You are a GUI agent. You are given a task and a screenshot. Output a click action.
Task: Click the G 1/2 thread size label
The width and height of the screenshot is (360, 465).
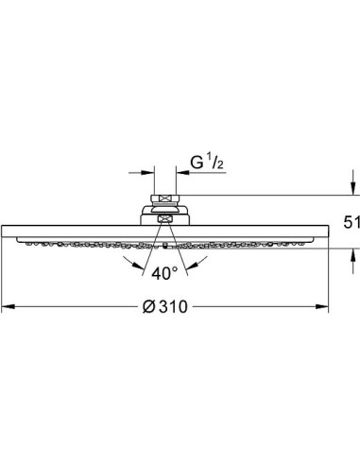(x=207, y=163)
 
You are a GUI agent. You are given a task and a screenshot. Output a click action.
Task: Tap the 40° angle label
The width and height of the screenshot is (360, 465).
(x=164, y=273)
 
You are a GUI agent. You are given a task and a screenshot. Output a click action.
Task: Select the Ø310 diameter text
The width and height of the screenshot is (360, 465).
(x=164, y=306)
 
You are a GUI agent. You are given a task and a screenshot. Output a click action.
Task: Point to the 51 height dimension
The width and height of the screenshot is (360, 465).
(x=351, y=223)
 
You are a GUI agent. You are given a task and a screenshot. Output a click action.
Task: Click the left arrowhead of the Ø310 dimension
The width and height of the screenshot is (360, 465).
(x=9, y=306)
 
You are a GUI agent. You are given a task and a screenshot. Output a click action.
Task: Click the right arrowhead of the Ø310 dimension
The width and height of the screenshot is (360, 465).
(x=322, y=306)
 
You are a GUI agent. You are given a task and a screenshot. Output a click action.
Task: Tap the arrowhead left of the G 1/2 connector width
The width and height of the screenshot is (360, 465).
(x=147, y=173)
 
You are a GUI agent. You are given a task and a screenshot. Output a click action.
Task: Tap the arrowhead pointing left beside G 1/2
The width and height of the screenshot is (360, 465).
(x=182, y=173)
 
